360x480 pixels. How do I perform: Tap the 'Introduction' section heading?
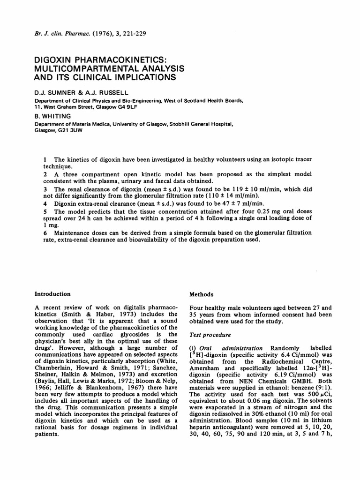click(x=53, y=294)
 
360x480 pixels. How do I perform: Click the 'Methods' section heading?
click(x=202, y=294)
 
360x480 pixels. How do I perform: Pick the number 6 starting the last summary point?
click(x=45, y=232)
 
